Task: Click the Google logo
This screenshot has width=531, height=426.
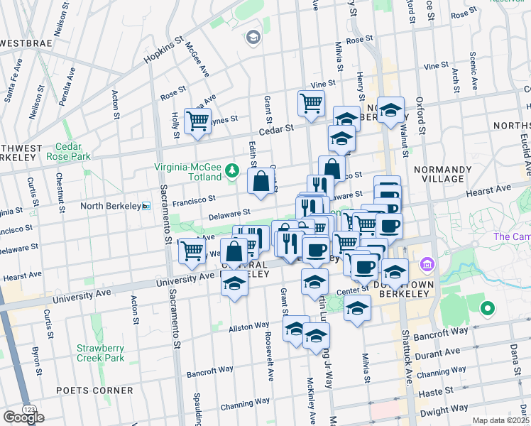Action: click(23, 417)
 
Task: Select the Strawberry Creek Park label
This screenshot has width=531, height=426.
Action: click(102, 353)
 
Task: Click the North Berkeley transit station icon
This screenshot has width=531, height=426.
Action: click(146, 206)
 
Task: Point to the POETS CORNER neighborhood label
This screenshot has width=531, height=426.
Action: click(98, 390)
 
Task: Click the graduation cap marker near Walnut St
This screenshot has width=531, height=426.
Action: click(390, 110)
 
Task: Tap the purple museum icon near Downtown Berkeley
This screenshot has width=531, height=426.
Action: click(427, 265)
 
